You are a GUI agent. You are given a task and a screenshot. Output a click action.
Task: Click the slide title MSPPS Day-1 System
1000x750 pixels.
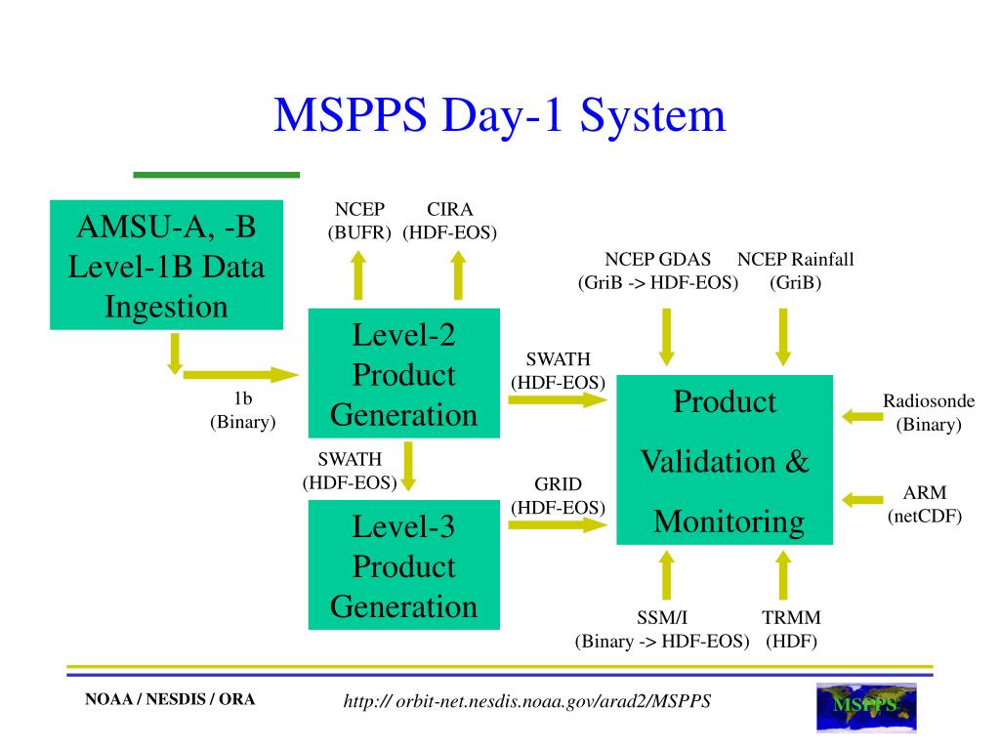coord(500,115)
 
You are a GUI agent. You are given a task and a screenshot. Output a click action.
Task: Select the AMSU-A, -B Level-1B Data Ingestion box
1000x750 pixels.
coord(166,266)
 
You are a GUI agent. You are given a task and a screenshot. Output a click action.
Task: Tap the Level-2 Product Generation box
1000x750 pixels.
coord(403,374)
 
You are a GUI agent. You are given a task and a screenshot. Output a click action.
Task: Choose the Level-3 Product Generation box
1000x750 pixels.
coord(403,566)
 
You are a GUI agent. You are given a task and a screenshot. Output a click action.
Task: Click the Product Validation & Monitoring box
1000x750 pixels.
coord(724,460)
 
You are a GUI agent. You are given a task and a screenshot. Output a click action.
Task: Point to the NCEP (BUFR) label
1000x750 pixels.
coord(359,221)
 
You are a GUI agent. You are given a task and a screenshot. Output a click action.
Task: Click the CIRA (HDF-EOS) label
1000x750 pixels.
coord(450,221)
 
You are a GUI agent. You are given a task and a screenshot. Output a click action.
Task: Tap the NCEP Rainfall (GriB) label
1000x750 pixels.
coord(795,271)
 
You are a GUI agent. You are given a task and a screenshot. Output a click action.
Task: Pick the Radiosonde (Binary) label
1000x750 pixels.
coord(929,412)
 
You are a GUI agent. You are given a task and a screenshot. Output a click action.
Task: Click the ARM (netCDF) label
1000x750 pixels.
coord(925,504)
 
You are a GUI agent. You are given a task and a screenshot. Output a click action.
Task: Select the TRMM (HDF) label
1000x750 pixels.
coord(791,629)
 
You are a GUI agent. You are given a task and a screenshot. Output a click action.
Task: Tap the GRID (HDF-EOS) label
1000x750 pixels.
coord(558,496)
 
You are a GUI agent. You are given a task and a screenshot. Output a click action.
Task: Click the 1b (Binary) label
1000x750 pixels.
coord(242,410)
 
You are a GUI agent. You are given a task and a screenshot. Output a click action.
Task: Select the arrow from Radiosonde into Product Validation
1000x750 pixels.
coord(861,417)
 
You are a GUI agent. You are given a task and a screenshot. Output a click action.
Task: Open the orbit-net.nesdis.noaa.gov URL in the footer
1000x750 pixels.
coord(527,701)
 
